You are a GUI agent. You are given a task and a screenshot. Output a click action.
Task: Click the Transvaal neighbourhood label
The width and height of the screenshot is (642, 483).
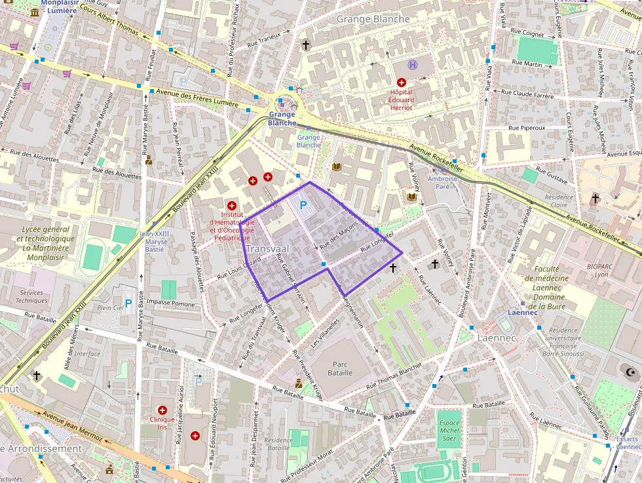tap(269, 250)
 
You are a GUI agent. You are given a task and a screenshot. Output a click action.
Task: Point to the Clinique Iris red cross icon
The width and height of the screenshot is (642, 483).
tap(162, 409)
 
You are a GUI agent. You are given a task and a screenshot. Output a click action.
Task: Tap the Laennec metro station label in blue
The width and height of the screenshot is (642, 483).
tap(523, 313)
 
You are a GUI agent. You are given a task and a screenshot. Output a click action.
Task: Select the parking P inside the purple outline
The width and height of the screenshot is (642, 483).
tap(303, 205)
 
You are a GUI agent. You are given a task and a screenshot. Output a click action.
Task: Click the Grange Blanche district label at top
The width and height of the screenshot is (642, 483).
tap(373, 19)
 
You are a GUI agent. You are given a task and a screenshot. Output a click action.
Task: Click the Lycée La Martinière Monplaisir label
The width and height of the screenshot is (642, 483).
tap(46, 243)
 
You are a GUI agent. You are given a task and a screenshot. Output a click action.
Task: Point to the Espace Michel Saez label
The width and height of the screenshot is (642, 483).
tap(449, 431)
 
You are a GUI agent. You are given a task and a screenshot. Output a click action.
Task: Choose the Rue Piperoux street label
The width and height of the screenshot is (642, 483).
tap(527, 128)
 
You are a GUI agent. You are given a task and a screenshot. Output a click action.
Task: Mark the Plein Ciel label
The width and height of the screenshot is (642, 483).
tap(109, 307)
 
